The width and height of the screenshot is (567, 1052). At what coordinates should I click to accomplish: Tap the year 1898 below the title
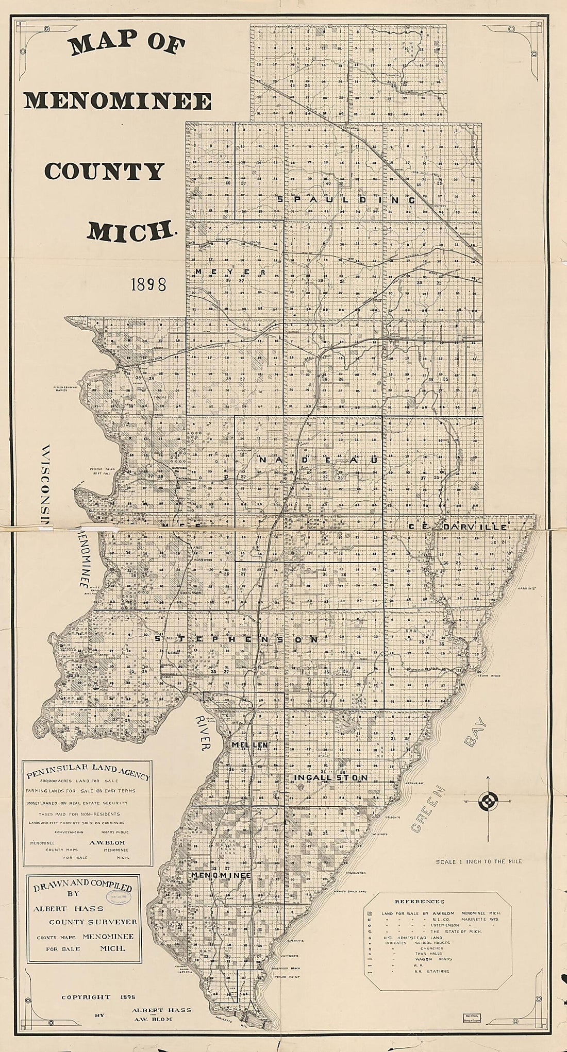pyautogui.click(x=148, y=284)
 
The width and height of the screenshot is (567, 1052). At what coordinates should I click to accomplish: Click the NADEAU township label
pyautogui.click(x=320, y=460)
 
